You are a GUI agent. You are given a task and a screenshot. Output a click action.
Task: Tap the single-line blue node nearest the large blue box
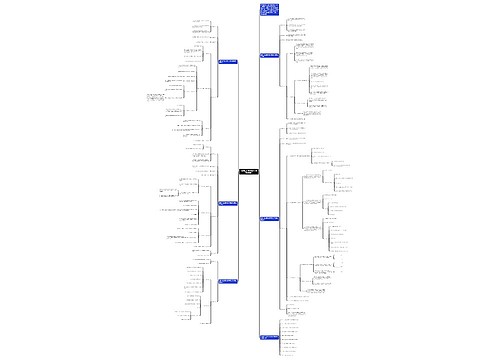coord(269,55)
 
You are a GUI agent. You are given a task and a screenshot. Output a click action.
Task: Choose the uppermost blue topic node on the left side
coord(227,62)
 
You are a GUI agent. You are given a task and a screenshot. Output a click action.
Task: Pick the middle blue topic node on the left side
coord(227,203)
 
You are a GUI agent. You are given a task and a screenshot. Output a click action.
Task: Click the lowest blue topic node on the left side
coord(227,281)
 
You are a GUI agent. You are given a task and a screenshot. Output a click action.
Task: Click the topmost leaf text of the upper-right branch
coord(297,18)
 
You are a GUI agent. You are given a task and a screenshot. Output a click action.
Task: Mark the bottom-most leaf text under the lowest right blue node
coord(291,352)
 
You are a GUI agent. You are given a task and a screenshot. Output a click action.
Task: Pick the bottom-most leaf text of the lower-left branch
coord(204,323)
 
